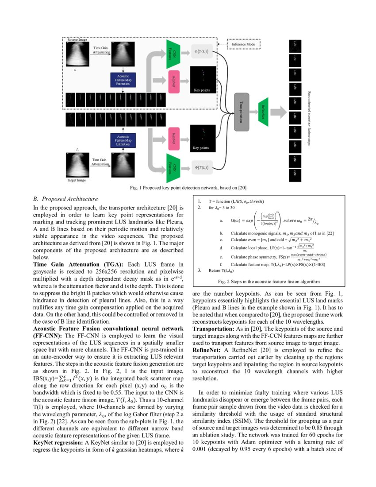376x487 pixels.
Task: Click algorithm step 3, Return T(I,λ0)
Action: click(219, 270)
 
